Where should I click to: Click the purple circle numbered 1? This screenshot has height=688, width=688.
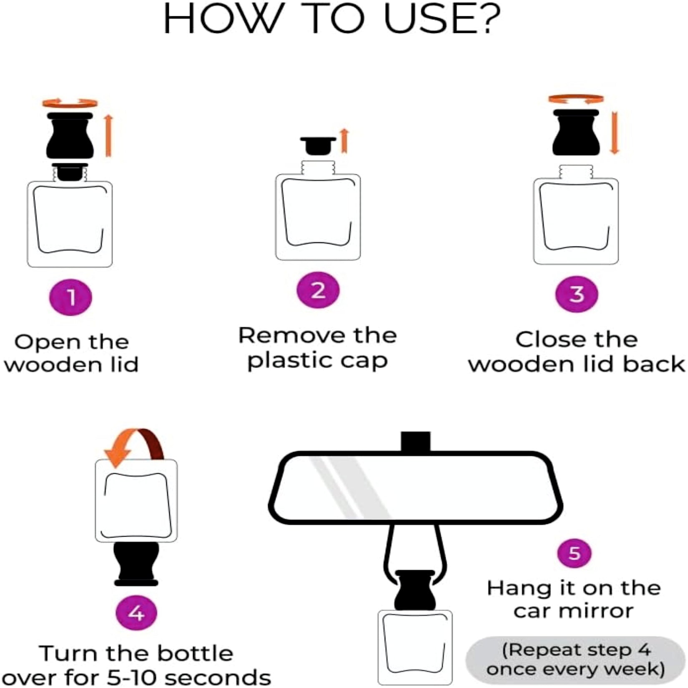coord(70,297)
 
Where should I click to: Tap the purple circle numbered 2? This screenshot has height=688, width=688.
coord(318,290)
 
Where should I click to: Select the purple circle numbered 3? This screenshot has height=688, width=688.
coord(577,294)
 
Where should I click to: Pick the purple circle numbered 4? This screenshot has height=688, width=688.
coord(136,613)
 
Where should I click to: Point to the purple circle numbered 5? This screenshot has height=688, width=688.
coord(575,553)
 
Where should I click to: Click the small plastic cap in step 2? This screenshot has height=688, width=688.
coord(318,145)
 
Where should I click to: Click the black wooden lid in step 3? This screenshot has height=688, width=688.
coord(576,132)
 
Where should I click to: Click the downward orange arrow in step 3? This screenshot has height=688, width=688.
coord(615,133)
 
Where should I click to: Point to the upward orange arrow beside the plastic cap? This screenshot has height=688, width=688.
coord(344,141)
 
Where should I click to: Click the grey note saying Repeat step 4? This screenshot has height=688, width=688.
coord(575,659)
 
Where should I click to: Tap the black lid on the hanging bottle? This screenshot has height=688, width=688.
coord(415,590)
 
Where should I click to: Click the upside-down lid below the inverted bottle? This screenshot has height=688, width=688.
coord(136,564)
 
